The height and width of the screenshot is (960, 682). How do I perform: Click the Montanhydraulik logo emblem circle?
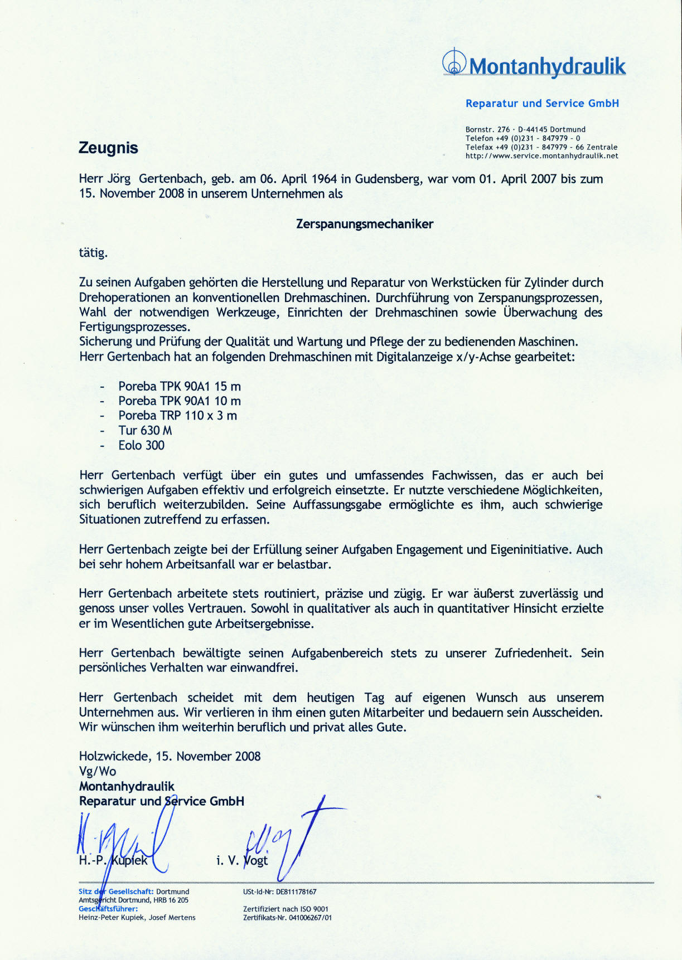454,63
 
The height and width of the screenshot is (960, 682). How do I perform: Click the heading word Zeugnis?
108,148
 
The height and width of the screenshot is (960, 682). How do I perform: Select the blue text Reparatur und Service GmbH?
542,103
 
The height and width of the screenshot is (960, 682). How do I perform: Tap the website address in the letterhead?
541,156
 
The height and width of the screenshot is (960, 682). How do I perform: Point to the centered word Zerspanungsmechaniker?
365,224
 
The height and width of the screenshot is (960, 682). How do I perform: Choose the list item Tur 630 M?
145,430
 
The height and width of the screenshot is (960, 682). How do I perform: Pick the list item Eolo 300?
141,445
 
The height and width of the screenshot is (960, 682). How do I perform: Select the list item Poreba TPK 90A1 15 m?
180,386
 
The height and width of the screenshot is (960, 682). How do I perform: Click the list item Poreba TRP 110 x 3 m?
177,416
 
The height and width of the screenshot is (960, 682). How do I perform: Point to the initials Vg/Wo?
98,771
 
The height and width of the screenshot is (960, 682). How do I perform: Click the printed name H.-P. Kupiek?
113,860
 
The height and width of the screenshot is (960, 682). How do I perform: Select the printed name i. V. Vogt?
242,860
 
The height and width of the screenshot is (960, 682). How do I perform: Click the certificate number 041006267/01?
310,918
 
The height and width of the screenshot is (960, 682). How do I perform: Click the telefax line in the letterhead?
541,147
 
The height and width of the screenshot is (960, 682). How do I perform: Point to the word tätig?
93,253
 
